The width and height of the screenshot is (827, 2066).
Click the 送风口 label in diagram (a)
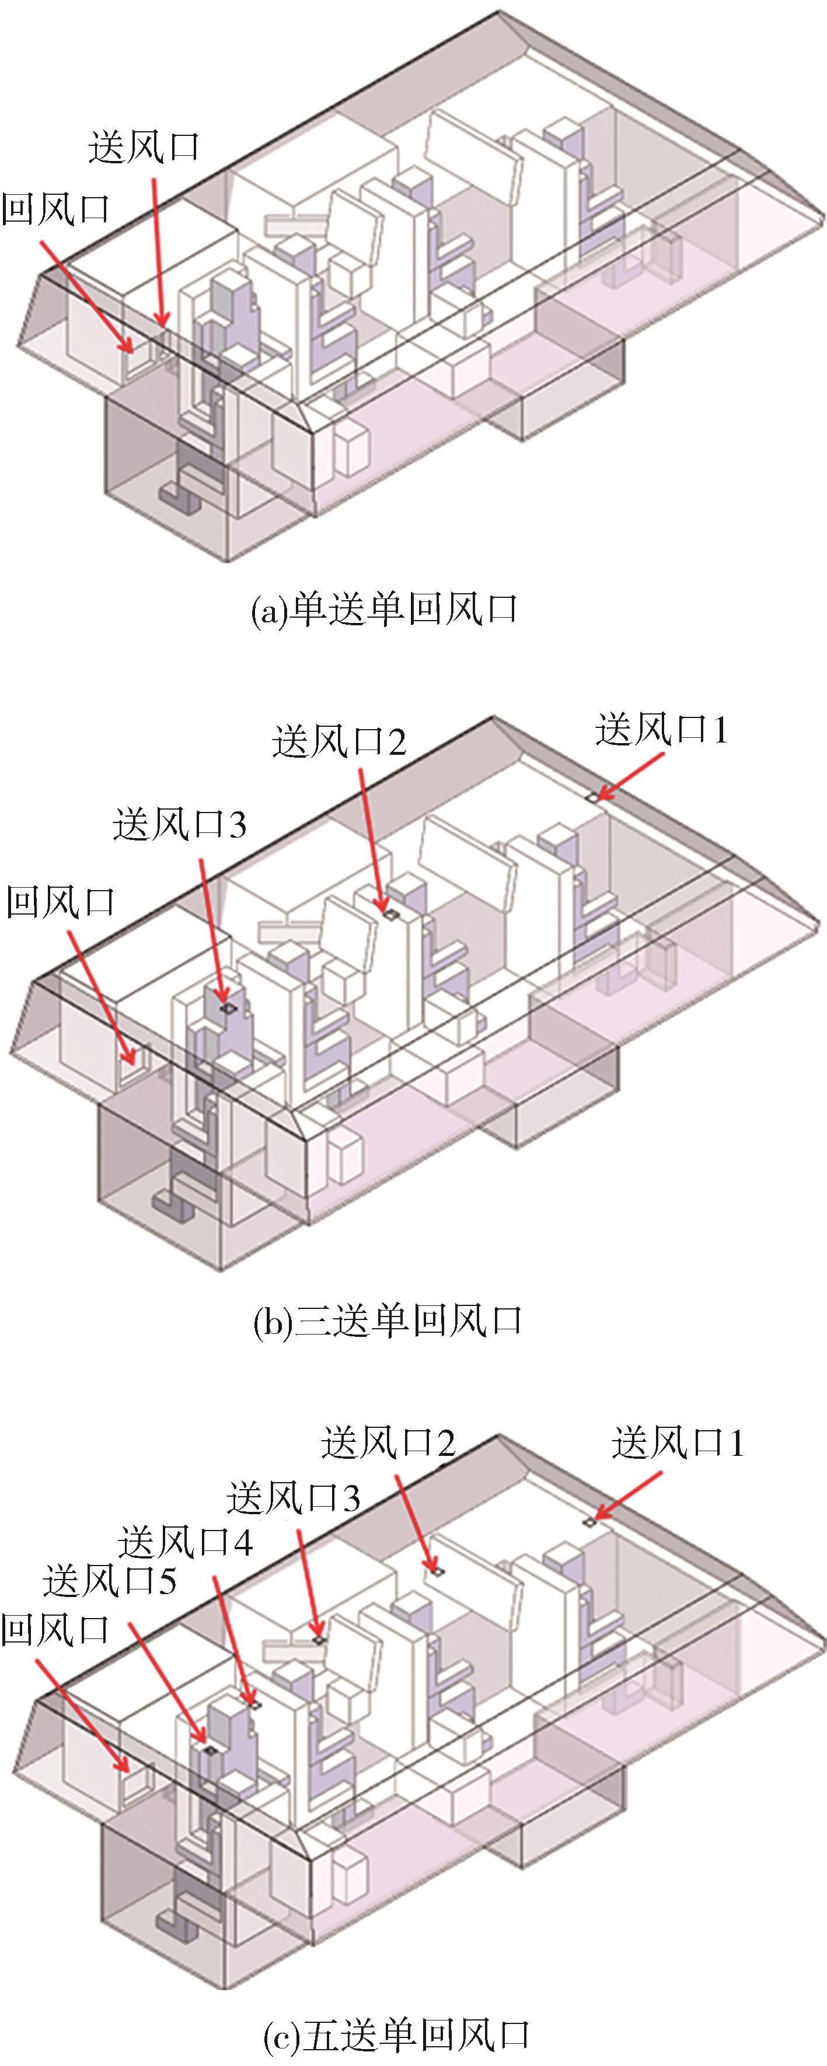point(144,148)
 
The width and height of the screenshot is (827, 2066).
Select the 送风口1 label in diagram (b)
point(661,731)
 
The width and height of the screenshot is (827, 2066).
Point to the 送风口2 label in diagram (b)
point(339,742)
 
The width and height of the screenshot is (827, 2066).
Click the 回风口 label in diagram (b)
point(61,902)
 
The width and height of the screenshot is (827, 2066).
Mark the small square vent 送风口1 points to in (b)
point(591,798)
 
